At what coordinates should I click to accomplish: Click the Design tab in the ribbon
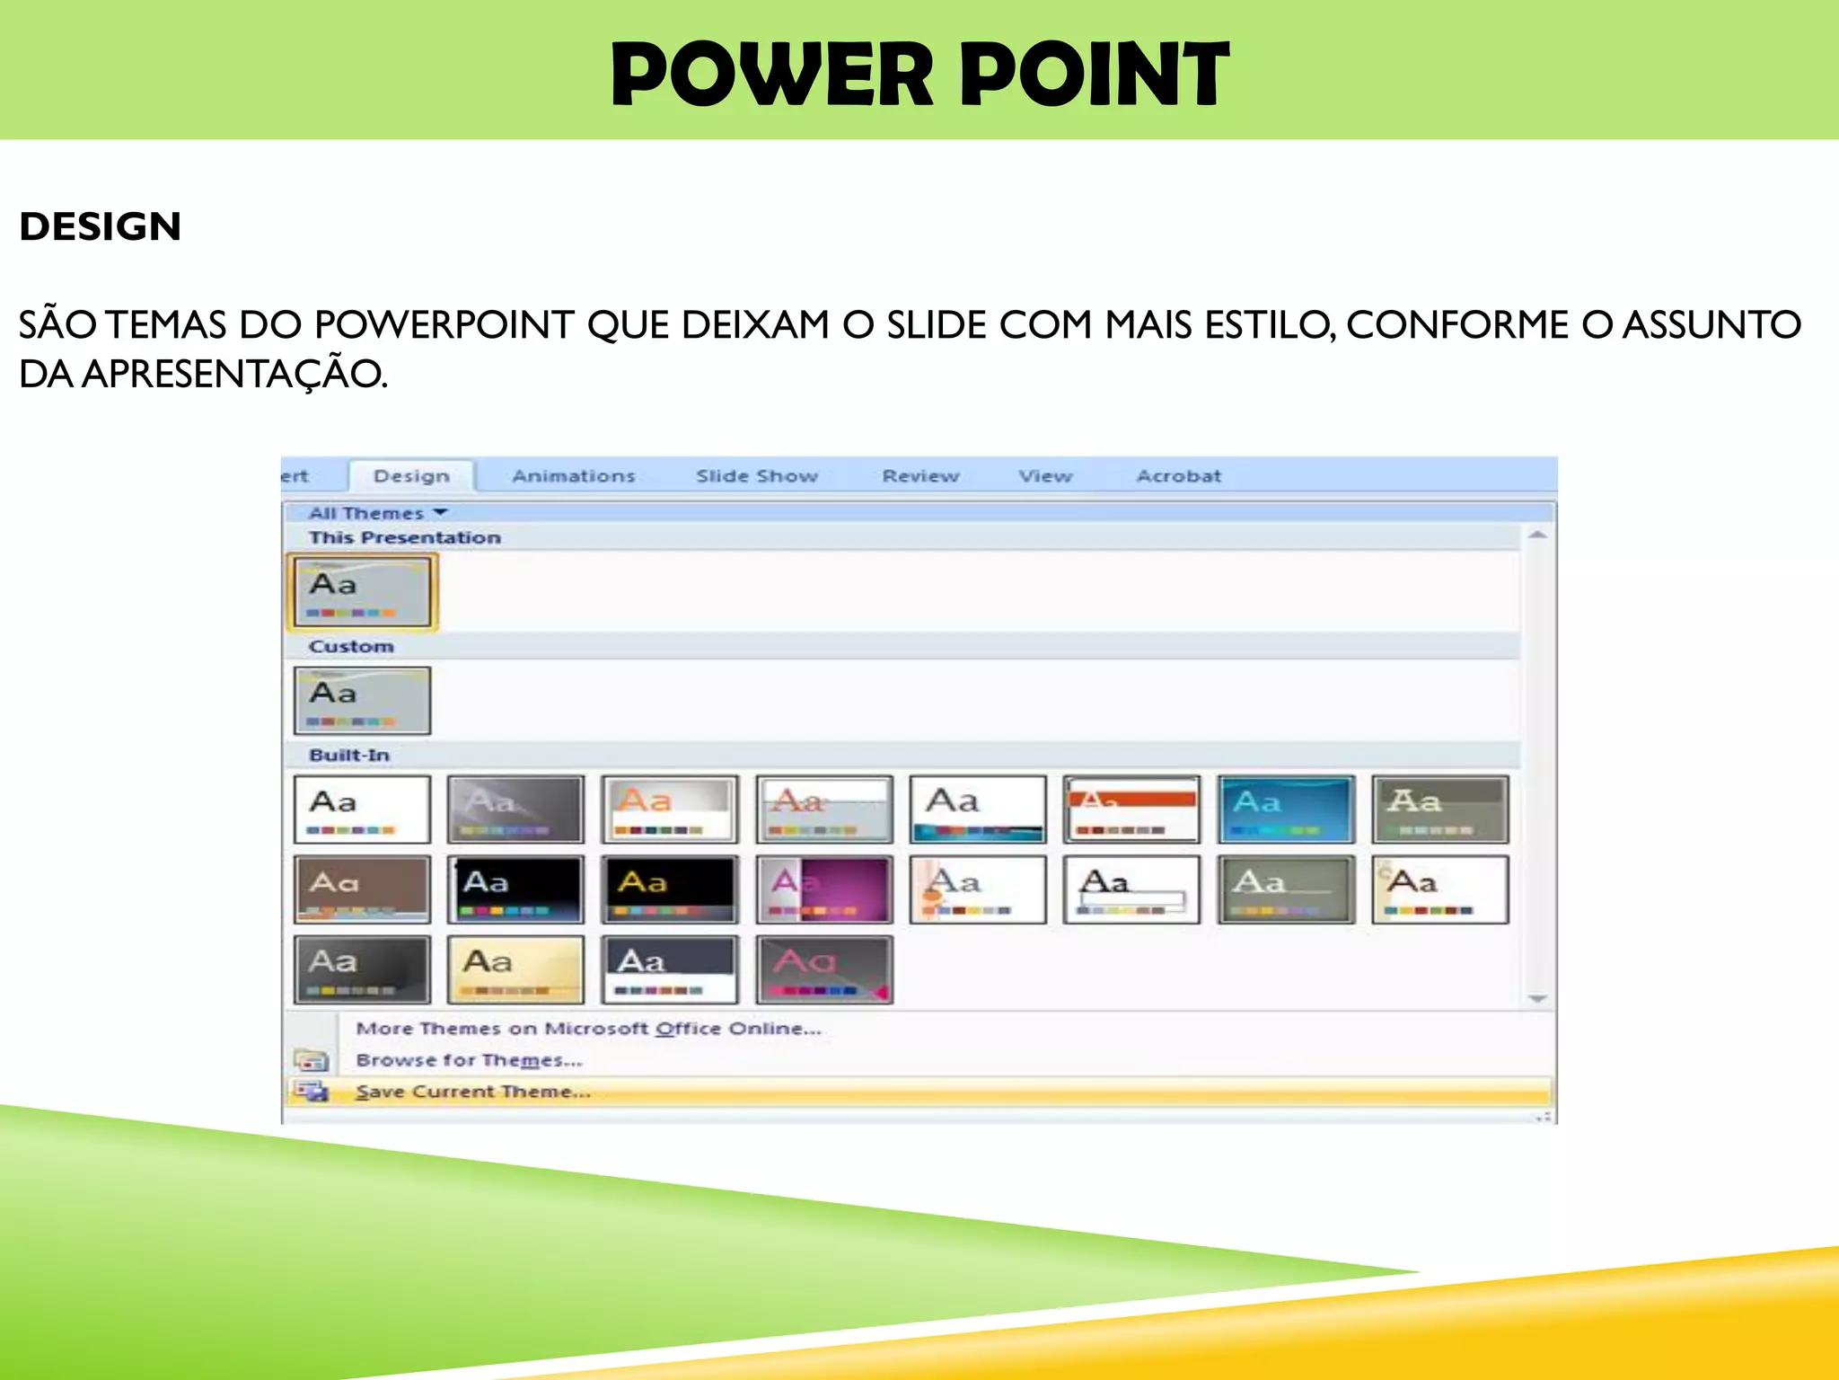point(411,476)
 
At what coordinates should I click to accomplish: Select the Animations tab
point(573,476)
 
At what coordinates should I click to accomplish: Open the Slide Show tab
point(757,476)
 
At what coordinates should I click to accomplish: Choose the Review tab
point(920,476)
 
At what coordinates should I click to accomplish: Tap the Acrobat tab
point(1178,476)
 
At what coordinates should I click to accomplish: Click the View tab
point(1045,476)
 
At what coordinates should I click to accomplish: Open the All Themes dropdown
point(377,513)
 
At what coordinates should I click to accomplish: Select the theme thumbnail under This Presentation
point(362,591)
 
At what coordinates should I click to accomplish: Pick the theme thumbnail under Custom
point(362,700)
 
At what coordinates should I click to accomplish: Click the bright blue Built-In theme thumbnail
point(1286,809)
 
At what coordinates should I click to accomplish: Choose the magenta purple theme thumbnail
point(824,889)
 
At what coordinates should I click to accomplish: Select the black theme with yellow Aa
point(670,889)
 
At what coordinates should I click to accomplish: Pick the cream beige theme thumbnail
point(515,969)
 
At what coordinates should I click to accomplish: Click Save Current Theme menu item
point(473,1092)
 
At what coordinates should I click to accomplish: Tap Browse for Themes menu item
point(469,1060)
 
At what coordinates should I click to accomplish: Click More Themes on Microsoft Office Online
point(588,1029)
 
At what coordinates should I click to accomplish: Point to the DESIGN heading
point(101,226)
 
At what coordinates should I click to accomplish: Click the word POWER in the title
point(772,75)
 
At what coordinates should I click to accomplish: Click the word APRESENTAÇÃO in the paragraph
point(234,374)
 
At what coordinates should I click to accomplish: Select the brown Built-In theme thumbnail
point(362,889)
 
